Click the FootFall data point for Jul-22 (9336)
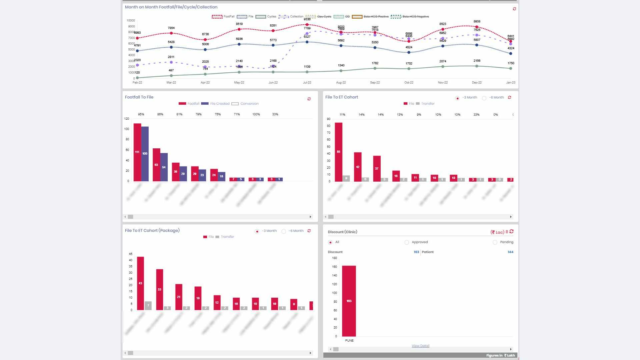point(307,25)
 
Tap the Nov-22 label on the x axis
point(443,82)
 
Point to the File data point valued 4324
point(511,53)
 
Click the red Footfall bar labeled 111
point(137,152)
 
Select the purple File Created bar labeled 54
point(164,167)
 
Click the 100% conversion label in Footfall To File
point(256,114)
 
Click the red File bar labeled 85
point(338,152)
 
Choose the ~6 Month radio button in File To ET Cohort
point(484,98)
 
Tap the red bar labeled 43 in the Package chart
point(140,283)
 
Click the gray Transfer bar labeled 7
point(148,306)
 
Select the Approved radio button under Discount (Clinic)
point(407,242)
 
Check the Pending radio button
point(495,242)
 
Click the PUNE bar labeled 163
point(349,301)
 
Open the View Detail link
point(420,346)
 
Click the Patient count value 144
point(510,252)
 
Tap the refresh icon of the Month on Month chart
point(514,9)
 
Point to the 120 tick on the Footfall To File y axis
point(127,119)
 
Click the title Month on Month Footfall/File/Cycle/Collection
point(171,7)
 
